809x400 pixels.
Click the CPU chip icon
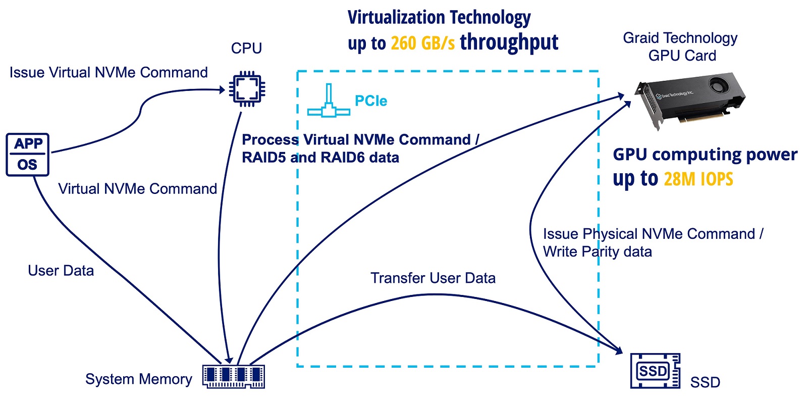247,89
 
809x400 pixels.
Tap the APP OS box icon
28,155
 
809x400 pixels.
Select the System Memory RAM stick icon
233,376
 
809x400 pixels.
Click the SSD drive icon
655,371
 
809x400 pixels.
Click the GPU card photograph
689,101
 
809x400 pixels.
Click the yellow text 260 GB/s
422,43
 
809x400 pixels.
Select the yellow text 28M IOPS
698,179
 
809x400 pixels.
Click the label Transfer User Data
433,278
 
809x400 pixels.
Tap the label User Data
61,271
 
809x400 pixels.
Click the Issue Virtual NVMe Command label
109,72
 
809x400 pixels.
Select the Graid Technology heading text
680,38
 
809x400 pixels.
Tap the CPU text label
246,48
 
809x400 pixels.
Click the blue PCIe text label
371,101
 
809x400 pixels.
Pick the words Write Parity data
597,252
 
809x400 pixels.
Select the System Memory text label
138,379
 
